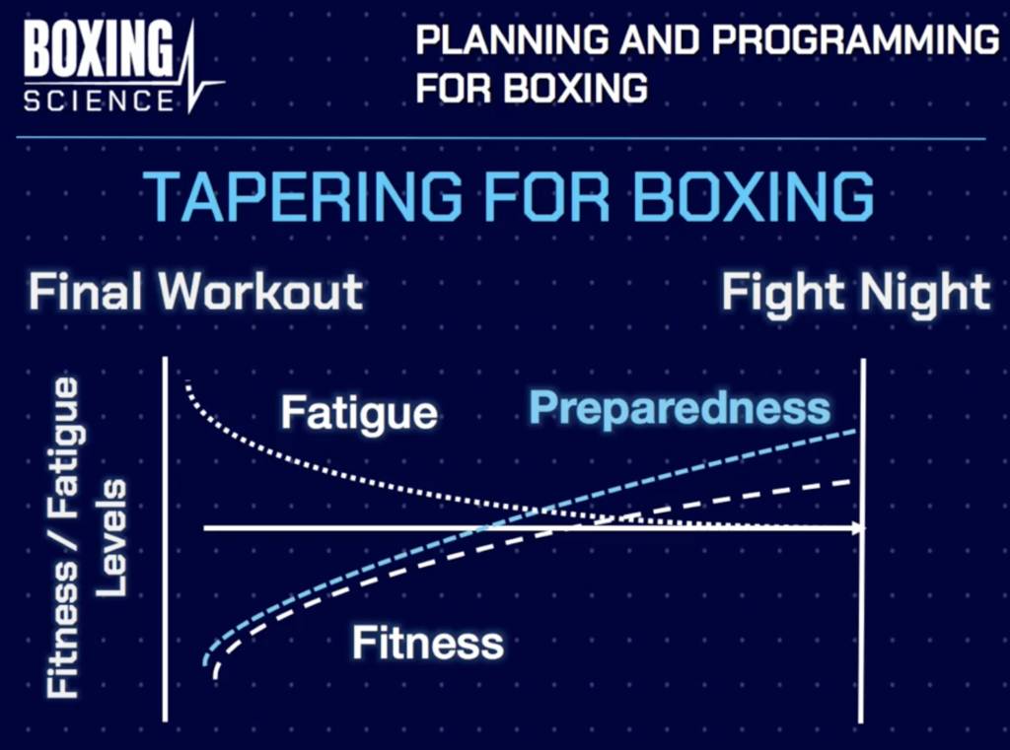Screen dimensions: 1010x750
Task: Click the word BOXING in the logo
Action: tap(99, 49)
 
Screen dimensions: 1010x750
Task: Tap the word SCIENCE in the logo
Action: tap(99, 102)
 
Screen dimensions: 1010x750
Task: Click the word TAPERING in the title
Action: tap(302, 196)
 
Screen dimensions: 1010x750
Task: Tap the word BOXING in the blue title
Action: tap(754, 196)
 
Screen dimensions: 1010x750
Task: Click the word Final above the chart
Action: tap(88, 292)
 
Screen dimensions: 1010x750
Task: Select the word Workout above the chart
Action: tap(260, 292)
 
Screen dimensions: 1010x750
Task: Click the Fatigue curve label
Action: tap(359, 414)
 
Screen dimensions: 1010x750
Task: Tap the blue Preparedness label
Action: tap(680, 408)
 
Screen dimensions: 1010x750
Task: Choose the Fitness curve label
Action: tap(428, 643)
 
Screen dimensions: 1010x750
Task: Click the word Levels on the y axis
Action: tap(110, 538)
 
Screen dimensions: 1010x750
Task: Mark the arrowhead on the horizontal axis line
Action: tap(859, 528)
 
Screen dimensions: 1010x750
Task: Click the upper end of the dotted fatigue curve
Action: tap(187, 383)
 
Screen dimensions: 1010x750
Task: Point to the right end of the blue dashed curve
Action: tap(855, 431)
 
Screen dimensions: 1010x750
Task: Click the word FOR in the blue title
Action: tap(546, 196)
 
